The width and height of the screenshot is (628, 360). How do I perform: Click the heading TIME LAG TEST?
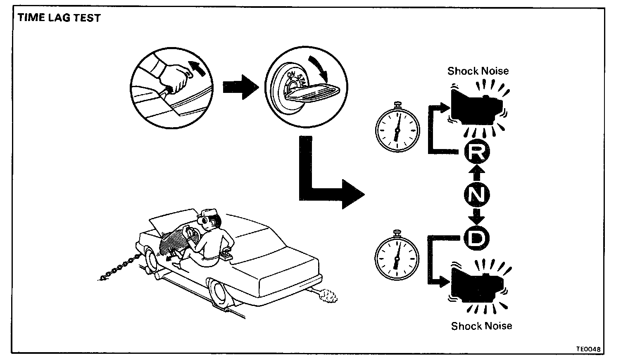click(x=59, y=18)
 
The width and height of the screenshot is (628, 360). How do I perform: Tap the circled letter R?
click(x=477, y=153)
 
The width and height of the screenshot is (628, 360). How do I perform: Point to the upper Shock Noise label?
click(x=478, y=71)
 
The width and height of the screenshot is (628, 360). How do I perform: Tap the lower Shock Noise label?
click(x=481, y=326)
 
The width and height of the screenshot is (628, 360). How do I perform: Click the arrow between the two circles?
click(x=240, y=87)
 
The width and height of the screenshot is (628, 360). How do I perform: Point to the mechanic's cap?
click(x=209, y=214)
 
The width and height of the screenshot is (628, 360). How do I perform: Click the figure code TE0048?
click(x=588, y=349)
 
